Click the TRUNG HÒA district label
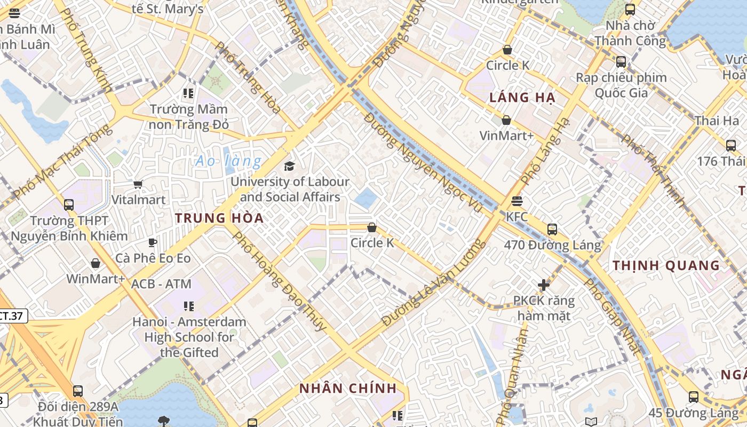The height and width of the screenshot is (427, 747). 219,218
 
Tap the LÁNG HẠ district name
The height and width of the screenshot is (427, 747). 522,98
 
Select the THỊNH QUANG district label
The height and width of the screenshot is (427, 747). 666,265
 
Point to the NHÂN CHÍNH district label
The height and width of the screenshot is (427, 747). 348,388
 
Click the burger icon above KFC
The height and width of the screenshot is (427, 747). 516,201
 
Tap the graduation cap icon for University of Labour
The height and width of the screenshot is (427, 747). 289,166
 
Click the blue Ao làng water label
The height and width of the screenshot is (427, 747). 228,161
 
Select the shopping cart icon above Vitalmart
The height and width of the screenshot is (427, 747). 138,185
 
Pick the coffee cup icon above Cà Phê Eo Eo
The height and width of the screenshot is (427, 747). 153,242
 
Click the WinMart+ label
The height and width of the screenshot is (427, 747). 96,279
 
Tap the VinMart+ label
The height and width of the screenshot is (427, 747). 506,136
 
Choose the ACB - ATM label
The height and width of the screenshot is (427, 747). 161,284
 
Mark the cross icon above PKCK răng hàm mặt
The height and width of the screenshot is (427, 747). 544,285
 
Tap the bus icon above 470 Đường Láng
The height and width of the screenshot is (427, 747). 552,230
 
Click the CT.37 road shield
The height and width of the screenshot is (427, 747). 12,315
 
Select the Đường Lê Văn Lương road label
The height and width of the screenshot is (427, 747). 433,283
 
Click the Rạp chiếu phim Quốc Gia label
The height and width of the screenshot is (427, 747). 621,85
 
